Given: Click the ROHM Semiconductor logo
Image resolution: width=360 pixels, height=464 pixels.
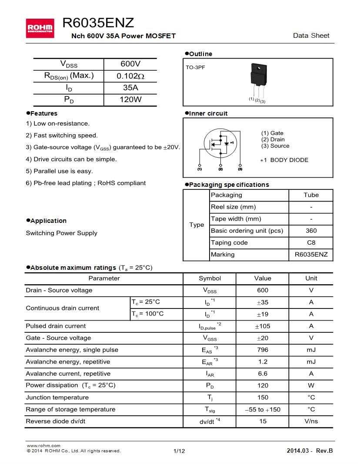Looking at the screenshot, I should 40,28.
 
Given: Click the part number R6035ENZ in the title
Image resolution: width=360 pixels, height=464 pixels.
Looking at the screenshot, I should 98,23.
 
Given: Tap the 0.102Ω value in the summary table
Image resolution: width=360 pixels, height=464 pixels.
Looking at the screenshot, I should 130,76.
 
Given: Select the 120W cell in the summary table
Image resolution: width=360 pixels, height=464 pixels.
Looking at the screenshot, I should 130,99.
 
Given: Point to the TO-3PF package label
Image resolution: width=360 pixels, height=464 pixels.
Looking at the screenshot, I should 195,68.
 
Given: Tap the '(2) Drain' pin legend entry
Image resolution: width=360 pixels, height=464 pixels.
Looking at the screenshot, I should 273,139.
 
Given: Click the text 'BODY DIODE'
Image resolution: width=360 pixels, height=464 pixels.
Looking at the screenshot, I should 289,160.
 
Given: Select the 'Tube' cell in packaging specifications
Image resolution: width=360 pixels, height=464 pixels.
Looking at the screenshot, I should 311,195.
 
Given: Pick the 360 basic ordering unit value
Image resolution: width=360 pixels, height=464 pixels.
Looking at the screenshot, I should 311,231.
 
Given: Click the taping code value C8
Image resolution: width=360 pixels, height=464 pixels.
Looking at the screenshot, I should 311,243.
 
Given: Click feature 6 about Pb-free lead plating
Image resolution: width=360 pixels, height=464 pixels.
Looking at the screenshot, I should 86,183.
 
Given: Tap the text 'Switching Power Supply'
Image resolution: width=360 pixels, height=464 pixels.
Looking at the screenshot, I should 61,233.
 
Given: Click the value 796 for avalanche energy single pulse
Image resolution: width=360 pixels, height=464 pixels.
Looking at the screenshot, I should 263,350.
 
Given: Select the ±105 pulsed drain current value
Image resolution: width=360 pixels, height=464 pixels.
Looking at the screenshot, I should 263,326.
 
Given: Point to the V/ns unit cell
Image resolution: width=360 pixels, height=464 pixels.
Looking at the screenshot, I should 311,421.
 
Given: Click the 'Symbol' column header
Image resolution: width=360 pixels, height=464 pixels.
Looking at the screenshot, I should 210,278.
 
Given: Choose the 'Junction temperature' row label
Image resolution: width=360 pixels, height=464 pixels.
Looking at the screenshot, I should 57,398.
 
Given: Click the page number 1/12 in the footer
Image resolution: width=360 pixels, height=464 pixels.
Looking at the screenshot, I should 179,451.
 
